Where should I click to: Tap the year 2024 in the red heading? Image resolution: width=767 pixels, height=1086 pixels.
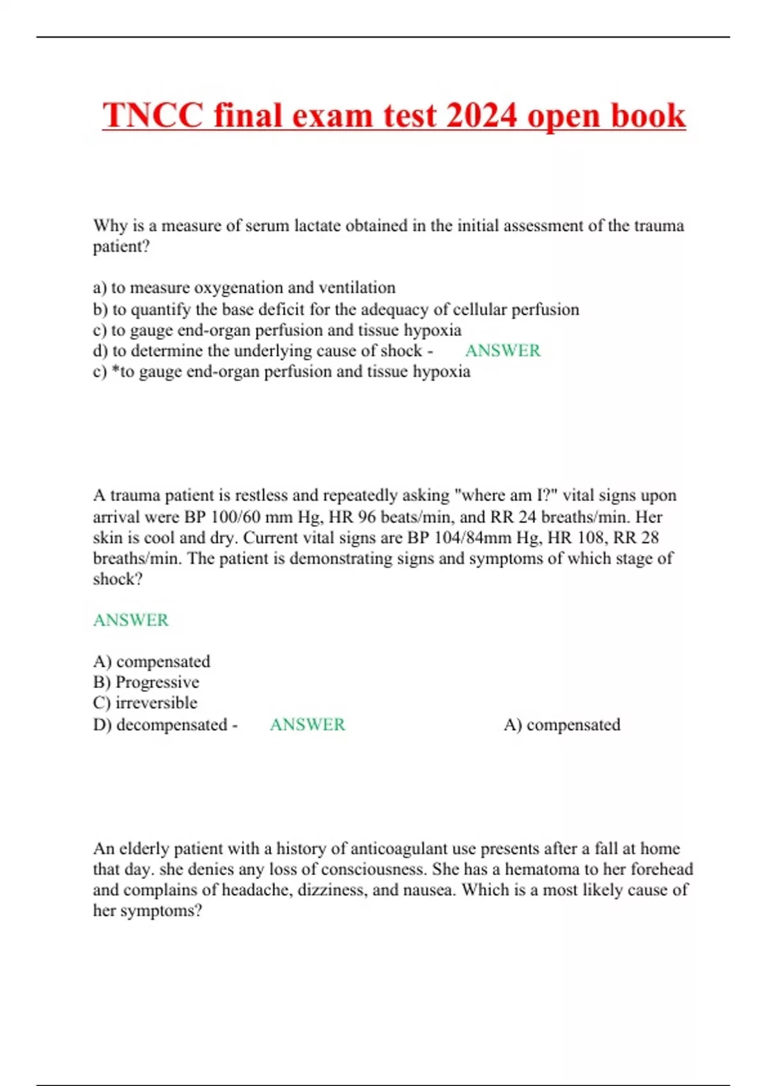tap(481, 116)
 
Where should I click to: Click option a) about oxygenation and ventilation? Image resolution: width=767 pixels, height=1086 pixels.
tap(244, 287)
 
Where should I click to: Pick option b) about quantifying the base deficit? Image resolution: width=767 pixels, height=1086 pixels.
tap(336, 309)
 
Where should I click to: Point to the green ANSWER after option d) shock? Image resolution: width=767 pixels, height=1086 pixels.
tap(502, 351)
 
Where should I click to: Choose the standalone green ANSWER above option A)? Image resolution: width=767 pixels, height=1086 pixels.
tap(131, 620)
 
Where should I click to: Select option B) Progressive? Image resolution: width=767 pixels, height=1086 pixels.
tap(146, 682)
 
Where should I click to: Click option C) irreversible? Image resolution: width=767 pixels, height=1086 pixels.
tap(145, 703)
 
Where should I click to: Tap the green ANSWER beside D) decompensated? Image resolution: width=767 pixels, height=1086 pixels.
tap(307, 724)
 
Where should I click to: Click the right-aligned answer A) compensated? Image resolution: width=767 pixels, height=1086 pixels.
tap(562, 725)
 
